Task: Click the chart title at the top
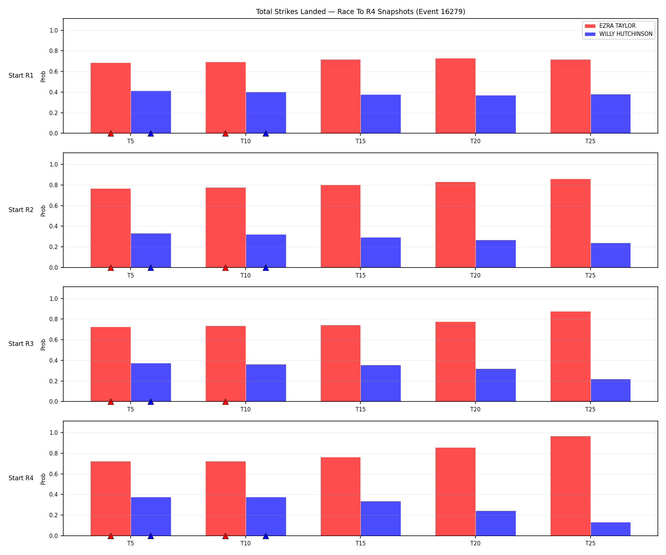coord(360,12)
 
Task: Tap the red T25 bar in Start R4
coord(570,486)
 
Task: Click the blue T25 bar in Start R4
coord(610,529)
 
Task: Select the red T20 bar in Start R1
coord(455,96)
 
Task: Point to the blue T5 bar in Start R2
coord(151,250)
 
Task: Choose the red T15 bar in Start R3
coord(340,363)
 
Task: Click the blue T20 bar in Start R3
coord(495,385)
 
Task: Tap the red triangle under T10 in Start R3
coord(225,401)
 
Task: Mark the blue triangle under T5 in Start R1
coord(151,133)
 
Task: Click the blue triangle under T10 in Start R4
coord(266,536)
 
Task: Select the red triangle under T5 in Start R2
coord(111,268)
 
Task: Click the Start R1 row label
coord(21,76)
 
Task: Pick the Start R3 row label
coord(21,344)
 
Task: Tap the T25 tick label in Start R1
coord(591,141)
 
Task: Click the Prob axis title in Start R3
coord(43,344)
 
